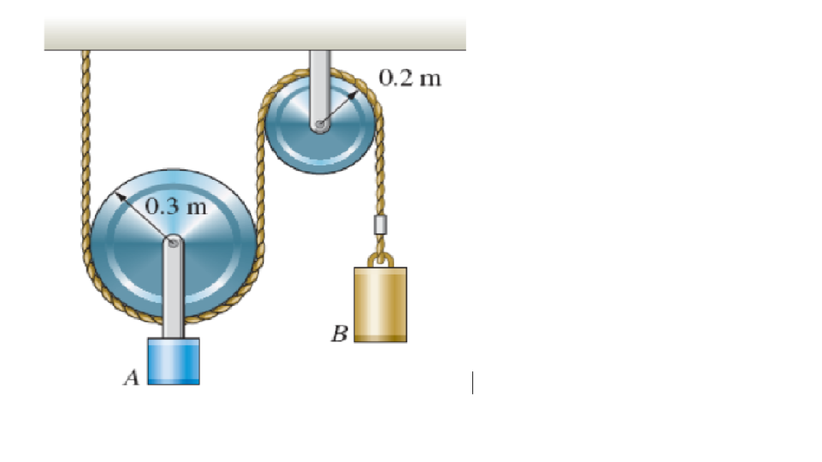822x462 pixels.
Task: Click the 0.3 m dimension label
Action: click(176, 207)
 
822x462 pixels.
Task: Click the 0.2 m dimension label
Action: click(410, 77)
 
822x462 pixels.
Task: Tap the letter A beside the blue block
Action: click(131, 379)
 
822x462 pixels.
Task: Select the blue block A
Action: click(173, 361)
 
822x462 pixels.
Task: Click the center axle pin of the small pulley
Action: click(320, 125)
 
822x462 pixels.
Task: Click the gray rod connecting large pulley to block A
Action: click(173, 292)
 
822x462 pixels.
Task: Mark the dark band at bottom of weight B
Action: click(381, 337)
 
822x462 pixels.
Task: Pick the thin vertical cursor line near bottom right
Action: click(472, 382)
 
